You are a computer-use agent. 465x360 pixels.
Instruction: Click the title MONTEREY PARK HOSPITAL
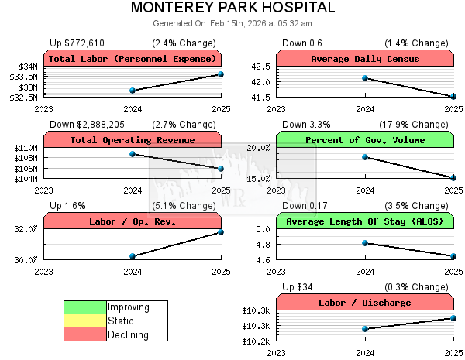point(232,9)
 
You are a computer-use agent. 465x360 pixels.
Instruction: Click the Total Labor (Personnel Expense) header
point(133,59)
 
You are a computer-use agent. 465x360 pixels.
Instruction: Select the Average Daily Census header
point(365,59)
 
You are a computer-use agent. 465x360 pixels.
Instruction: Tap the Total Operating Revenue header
point(133,140)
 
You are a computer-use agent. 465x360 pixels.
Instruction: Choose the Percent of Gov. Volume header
point(365,140)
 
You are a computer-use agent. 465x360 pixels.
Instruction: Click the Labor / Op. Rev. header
point(133,221)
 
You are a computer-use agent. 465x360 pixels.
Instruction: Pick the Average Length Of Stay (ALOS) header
point(365,221)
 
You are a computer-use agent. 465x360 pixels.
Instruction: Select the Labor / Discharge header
point(365,303)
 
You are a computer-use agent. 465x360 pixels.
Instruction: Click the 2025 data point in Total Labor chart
point(221,74)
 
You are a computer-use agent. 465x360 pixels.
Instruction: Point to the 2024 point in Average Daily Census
point(365,78)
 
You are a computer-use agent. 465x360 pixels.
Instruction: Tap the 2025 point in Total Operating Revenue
point(221,169)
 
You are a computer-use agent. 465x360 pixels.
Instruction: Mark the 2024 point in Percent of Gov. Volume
point(365,157)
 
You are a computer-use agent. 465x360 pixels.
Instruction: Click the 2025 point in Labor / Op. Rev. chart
point(221,232)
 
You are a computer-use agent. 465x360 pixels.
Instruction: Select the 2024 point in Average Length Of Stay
point(365,243)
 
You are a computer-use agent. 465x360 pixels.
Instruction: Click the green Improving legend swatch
point(85,307)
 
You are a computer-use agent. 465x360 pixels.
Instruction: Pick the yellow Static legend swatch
point(85,321)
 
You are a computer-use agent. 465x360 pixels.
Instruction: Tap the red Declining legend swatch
point(85,334)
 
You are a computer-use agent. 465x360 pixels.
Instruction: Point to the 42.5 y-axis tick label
point(260,67)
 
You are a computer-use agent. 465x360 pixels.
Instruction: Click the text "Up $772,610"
point(77,43)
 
